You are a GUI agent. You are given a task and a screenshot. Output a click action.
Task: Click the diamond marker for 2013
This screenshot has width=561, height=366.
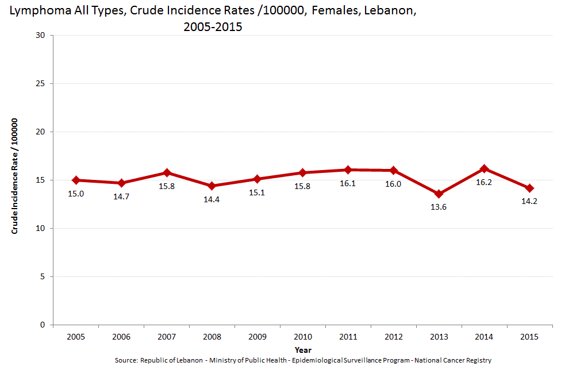[x=439, y=194]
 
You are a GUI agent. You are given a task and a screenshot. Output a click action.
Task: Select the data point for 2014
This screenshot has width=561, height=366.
[x=485, y=168]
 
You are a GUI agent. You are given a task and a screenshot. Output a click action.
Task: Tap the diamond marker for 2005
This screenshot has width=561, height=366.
[x=76, y=180]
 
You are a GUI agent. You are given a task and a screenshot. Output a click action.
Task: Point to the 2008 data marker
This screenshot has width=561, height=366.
[x=212, y=186]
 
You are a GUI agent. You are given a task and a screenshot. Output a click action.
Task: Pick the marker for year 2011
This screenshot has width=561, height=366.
[x=348, y=169]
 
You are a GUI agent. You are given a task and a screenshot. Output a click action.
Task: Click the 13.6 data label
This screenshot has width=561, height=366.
[x=439, y=207]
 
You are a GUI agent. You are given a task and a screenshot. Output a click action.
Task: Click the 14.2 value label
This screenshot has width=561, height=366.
[x=529, y=201]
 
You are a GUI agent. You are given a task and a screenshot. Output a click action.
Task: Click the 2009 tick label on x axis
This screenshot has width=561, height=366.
[x=258, y=337]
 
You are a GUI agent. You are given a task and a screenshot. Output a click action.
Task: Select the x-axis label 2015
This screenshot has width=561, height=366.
[x=529, y=337]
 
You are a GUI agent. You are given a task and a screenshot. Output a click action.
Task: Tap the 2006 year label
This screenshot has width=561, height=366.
[x=121, y=337]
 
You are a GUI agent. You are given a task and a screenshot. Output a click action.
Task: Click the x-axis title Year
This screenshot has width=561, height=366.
[x=303, y=349]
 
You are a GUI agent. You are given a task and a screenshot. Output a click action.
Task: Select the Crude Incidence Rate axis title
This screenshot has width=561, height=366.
[x=16, y=176]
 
